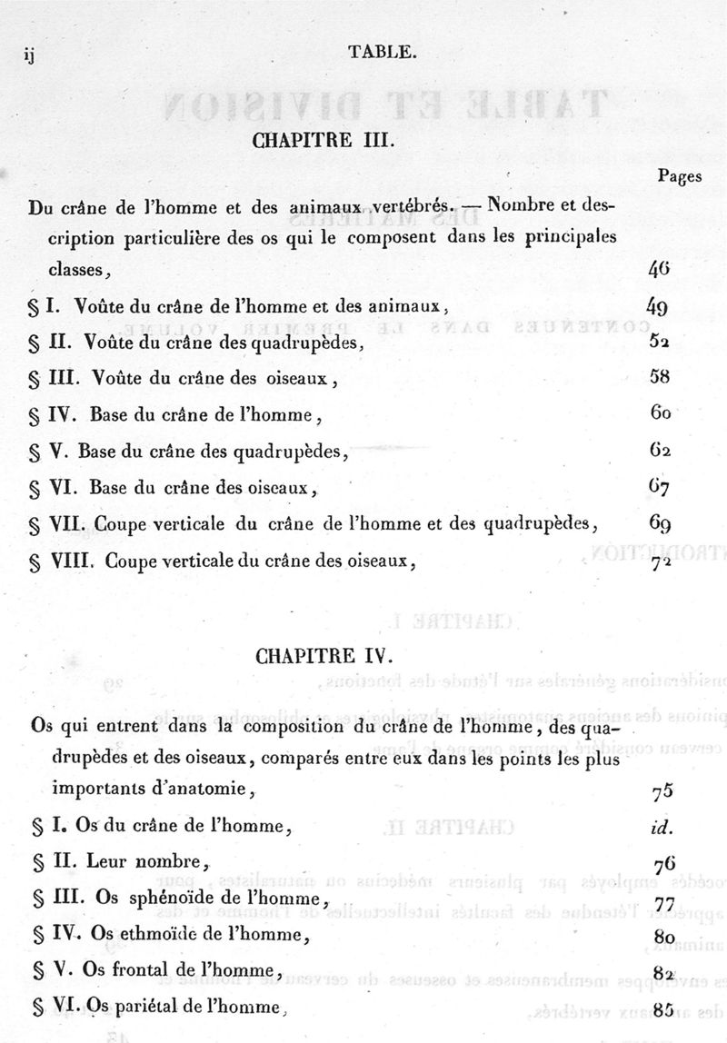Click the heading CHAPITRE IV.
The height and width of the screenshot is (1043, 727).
(x=326, y=655)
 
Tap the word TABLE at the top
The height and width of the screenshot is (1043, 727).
(x=382, y=53)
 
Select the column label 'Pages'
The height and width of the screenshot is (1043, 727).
(x=678, y=177)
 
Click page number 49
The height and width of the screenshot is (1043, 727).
(x=659, y=306)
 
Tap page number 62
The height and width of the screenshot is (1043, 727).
(x=661, y=451)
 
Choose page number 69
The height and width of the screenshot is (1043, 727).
(x=660, y=523)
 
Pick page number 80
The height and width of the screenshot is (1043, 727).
(x=662, y=936)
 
